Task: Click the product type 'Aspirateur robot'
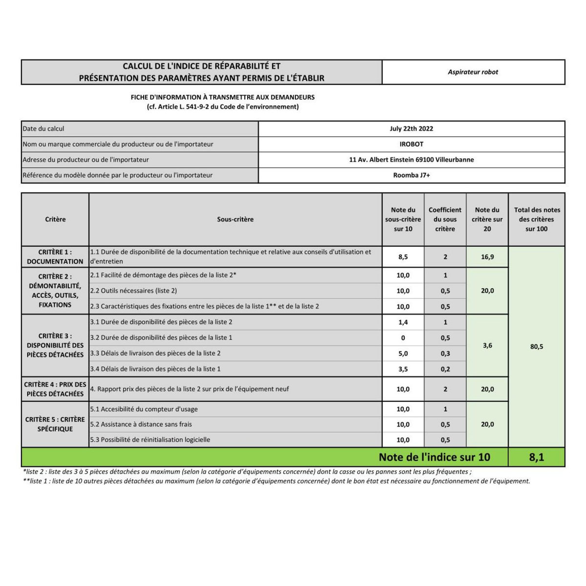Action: tap(473, 72)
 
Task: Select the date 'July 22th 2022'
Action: tap(411, 129)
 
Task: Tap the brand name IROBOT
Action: tap(411, 144)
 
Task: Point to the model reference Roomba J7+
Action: tap(411, 175)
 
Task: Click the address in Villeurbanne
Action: tap(411, 160)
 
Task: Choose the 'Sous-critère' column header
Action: tap(235, 219)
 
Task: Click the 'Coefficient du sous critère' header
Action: tap(445, 219)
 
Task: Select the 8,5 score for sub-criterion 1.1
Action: tap(403, 257)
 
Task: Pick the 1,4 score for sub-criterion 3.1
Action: tap(403, 322)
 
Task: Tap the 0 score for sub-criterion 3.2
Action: tap(403, 338)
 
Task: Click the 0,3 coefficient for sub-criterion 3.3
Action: tap(445, 354)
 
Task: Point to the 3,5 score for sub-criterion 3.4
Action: tap(403, 369)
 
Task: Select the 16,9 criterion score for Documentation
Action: tap(487, 257)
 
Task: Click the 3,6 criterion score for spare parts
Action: tap(487, 345)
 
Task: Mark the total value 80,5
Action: tap(536, 347)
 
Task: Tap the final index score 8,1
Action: tap(536, 458)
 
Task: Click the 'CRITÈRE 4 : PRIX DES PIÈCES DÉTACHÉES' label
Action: tap(55, 389)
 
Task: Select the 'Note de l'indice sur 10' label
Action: tap(434, 458)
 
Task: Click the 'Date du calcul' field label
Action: tap(43, 129)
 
